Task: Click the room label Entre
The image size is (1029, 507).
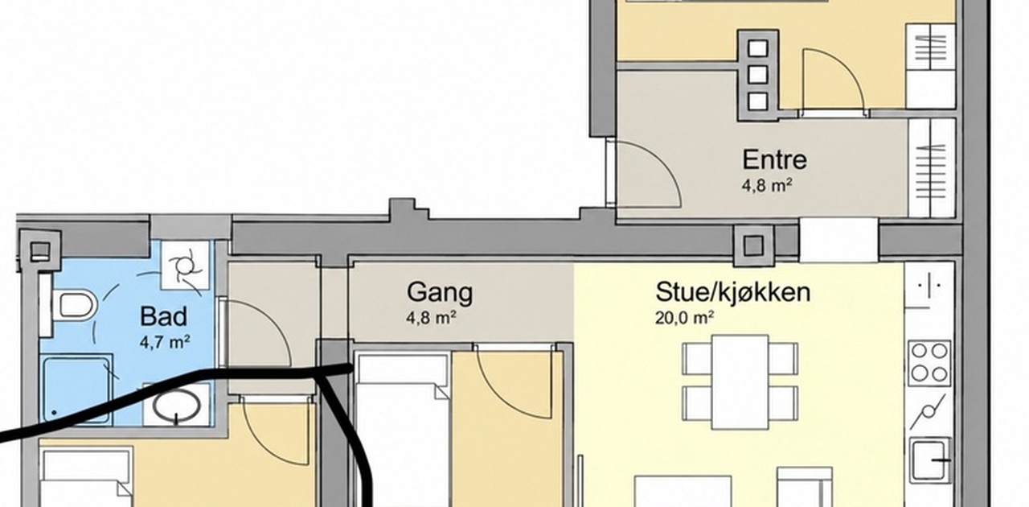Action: click(774, 159)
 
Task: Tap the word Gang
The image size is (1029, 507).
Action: click(440, 292)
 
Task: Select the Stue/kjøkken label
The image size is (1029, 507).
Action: click(732, 292)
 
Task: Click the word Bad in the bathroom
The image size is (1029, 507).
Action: click(163, 316)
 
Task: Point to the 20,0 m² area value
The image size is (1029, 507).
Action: click(684, 317)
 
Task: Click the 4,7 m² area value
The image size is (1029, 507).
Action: click(165, 342)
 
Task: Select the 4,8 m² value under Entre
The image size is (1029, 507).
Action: click(767, 185)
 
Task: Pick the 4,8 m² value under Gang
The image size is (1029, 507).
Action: click(431, 317)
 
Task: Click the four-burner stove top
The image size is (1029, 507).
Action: click(930, 363)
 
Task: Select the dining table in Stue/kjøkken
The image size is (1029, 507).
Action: click(740, 381)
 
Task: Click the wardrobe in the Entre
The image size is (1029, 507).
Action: click(932, 168)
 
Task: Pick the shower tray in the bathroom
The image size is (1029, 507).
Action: click(78, 390)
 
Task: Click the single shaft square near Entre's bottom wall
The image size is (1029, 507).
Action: click(753, 245)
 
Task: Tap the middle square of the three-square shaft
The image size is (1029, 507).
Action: click(757, 75)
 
